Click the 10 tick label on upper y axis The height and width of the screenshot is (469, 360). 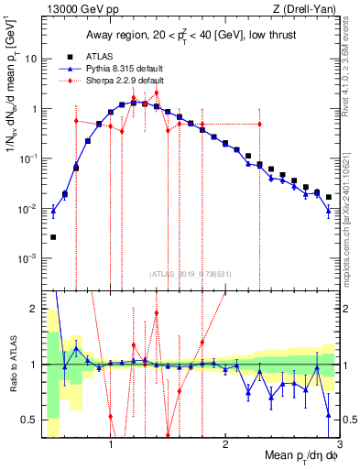coord(29,59)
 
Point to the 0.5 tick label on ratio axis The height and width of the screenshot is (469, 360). coord(29,420)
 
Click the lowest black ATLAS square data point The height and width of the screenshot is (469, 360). coord(53,237)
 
